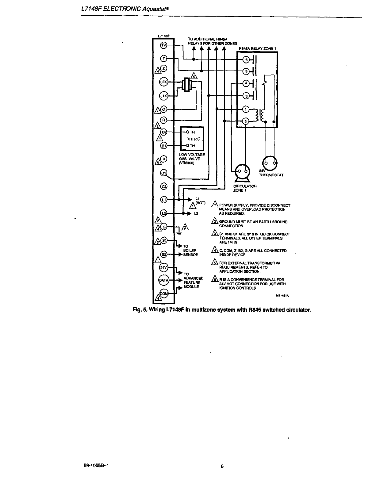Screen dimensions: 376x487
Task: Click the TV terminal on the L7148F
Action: pos(163,45)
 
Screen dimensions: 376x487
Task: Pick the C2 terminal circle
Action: pos(163,186)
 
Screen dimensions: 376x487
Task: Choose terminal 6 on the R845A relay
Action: pos(245,59)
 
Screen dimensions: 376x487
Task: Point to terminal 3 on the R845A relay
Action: pos(245,96)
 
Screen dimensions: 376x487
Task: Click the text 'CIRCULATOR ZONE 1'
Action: pos(245,188)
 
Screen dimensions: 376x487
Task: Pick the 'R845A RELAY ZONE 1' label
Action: pos(258,48)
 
